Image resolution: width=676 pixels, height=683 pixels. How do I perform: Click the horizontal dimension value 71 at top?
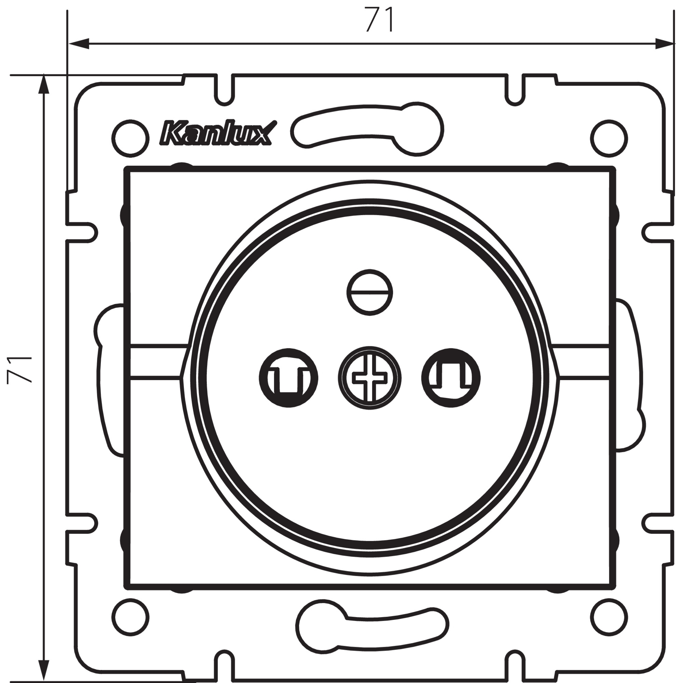pyautogui.click(x=380, y=20)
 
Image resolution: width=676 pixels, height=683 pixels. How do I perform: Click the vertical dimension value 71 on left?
pyautogui.click(x=19, y=370)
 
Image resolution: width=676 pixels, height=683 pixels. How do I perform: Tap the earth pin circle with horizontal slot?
pyautogui.click(x=370, y=292)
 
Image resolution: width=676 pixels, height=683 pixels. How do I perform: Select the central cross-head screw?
pyautogui.click(x=370, y=378)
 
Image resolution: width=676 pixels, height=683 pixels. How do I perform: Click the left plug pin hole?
pyautogui.click(x=288, y=378)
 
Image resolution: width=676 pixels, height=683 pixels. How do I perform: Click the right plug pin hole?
pyautogui.click(x=451, y=378)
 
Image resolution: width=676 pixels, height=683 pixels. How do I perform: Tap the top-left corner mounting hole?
pyautogui.click(x=130, y=138)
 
